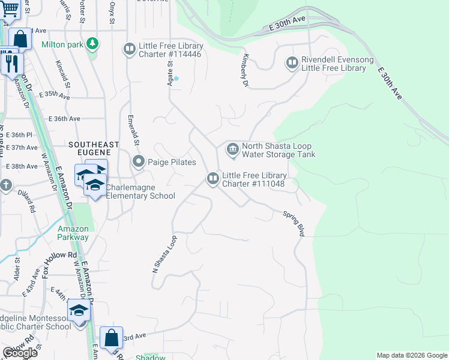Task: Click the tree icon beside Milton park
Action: [92, 43]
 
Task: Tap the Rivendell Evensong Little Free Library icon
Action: [292, 62]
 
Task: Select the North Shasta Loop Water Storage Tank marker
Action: [232, 148]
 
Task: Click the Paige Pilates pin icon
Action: [139, 161]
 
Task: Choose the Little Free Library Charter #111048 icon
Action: [212, 178]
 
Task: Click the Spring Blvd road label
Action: [294, 223]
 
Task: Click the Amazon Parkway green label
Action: [73, 233]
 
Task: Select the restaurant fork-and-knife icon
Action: [11, 62]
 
